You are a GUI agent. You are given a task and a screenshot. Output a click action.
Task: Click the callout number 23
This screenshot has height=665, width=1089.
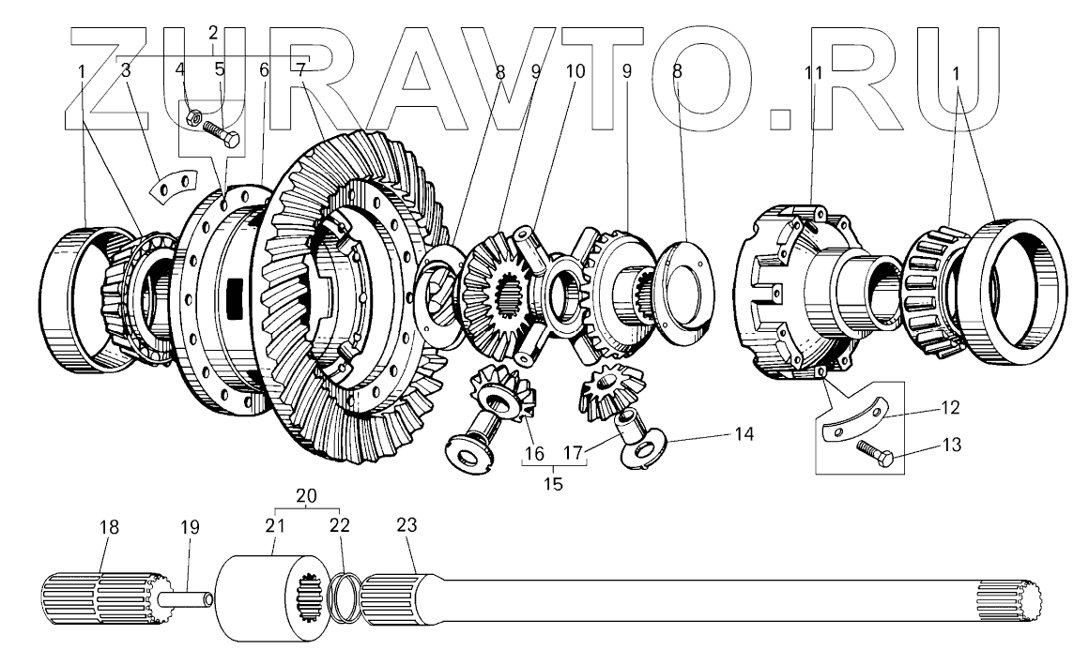click(x=406, y=527)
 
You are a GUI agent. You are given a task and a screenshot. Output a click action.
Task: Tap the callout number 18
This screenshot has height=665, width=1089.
click(x=110, y=527)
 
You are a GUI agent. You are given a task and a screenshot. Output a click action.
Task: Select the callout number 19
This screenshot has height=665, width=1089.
click(x=190, y=527)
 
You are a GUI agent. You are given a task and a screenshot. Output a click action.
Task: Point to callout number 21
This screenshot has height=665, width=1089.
click(x=273, y=527)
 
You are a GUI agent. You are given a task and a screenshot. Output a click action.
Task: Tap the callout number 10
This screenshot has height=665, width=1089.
click(x=575, y=70)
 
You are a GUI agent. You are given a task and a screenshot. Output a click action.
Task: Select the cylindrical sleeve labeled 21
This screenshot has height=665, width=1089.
click(x=253, y=600)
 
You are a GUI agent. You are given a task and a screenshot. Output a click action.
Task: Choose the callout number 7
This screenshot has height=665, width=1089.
click(x=300, y=70)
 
